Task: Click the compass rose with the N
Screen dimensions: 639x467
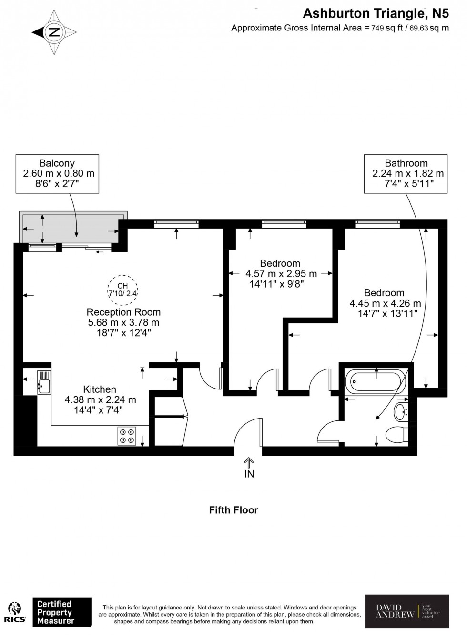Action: point(54,32)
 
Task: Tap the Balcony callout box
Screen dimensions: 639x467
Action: point(57,173)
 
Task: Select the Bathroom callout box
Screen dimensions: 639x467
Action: point(406,173)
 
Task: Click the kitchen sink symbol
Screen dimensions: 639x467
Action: point(43,382)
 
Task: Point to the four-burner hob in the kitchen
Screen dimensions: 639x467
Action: point(127,436)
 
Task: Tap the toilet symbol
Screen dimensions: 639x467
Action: point(396,435)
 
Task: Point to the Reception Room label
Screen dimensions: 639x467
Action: point(123,312)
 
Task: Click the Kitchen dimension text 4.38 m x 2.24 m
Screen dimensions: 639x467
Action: point(100,400)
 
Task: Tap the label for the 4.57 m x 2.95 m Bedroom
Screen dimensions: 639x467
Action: point(280,263)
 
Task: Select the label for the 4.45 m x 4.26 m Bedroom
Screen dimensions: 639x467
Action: point(384,293)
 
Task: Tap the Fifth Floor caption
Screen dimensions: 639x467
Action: point(233,510)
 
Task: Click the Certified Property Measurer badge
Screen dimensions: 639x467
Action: point(61,612)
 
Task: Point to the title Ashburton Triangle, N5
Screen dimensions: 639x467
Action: point(376,13)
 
